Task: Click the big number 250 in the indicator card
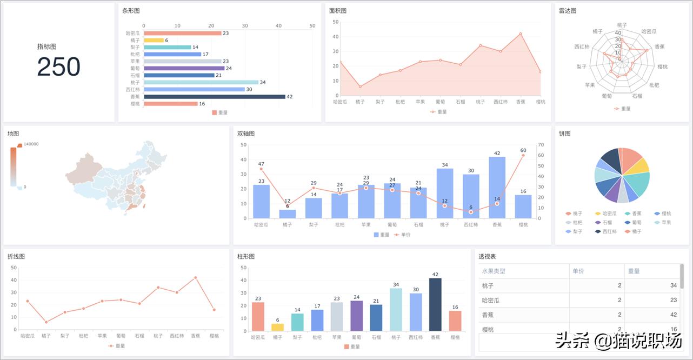coord(58,68)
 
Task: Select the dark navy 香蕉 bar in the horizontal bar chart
coord(214,97)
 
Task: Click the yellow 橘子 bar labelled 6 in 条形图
coord(154,41)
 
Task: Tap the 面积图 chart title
coord(338,11)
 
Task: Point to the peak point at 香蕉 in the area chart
coord(521,34)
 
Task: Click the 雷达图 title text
coord(568,11)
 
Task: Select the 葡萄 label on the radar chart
coord(607,96)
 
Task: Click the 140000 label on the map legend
coord(31,144)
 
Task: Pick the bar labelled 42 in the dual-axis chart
coord(497,187)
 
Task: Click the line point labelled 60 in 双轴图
coord(523,156)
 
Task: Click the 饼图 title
coord(564,134)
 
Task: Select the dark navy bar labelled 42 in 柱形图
coord(435,304)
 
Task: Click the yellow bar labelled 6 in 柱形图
coord(277,327)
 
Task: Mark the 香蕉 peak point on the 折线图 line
coord(195,278)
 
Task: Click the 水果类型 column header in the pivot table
coord(494,271)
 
